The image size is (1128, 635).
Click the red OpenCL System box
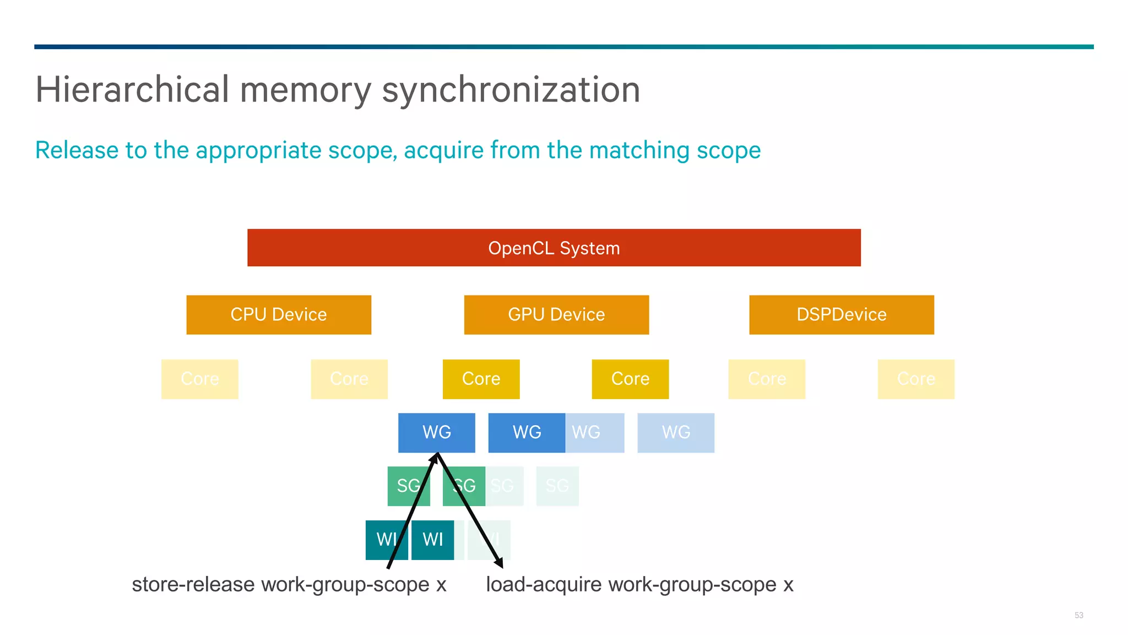(554, 247)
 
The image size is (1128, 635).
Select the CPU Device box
(279, 314)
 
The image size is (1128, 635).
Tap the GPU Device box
(556, 314)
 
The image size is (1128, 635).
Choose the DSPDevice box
(841, 314)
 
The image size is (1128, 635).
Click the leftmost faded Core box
(199, 379)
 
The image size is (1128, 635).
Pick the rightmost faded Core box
(915, 379)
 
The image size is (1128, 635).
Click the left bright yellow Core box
(481, 379)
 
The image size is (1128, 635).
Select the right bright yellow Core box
(630, 379)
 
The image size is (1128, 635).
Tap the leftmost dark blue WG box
(436, 432)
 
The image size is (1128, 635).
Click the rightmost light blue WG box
(676, 432)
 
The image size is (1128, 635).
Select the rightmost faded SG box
(557, 486)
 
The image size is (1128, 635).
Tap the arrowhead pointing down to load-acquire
(499, 563)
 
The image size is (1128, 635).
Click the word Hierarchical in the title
(132, 90)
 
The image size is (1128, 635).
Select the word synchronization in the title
(511, 90)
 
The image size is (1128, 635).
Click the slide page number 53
(1078, 615)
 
